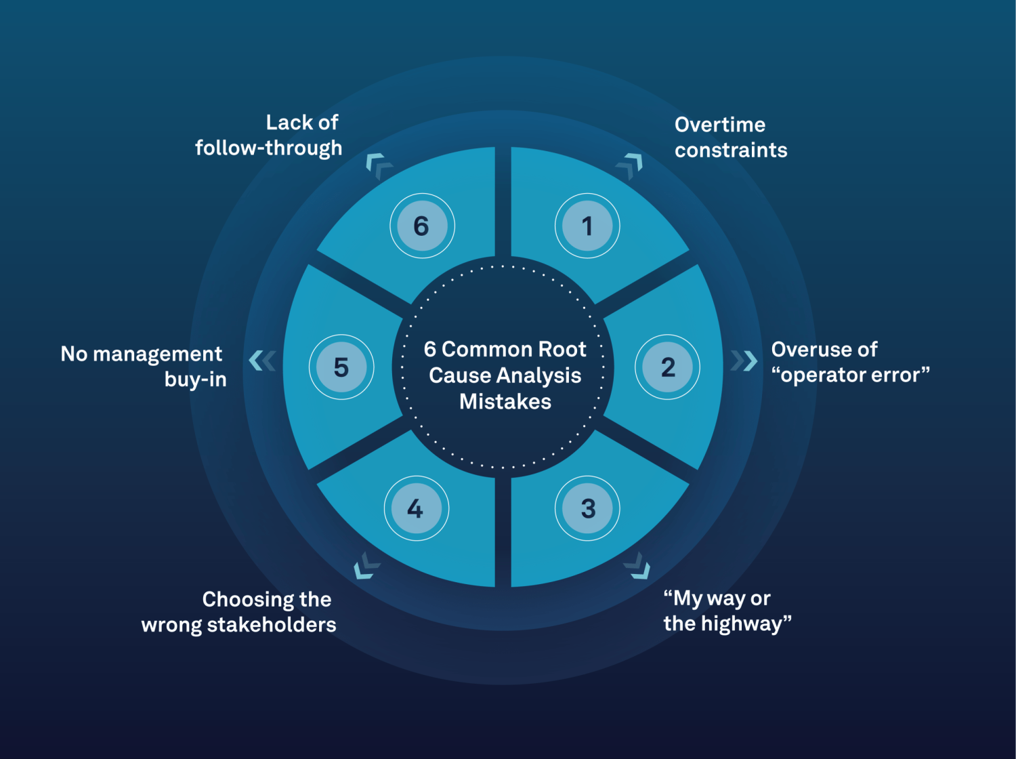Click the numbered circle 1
click(x=587, y=226)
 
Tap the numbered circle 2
click(x=668, y=367)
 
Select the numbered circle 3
click(x=587, y=508)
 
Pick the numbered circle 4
click(x=416, y=508)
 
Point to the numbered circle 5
click(x=341, y=367)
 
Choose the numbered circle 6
click(x=422, y=226)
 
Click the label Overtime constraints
click(x=730, y=137)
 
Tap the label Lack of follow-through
click(x=269, y=136)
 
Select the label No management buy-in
click(x=144, y=367)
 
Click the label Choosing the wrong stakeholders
click(x=238, y=612)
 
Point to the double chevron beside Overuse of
click(x=744, y=361)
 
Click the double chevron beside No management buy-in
click(x=262, y=361)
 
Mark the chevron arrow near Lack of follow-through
click(x=377, y=165)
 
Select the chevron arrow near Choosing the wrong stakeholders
click(x=366, y=567)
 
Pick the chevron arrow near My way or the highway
click(x=638, y=567)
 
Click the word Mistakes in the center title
click(x=505, y=402)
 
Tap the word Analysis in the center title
click(x=538, y=375)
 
